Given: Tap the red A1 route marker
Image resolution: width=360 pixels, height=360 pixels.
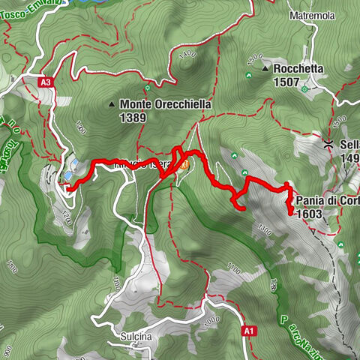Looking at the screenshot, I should pyautogui.click(x=247, y=329).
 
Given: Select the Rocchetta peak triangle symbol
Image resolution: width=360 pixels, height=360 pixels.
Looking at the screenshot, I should pyautogui.click(x=266, y=68).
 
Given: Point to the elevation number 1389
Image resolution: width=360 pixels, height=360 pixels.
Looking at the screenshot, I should pyautogui.click(x=133, y=117).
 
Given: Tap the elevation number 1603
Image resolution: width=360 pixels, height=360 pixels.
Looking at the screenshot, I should pyautogui.click(x=309, y=214).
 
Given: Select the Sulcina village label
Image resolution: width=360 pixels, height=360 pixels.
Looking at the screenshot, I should pyautogui.click(x=136, y=337).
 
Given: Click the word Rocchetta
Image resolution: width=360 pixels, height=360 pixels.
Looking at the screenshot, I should pyautogui.click(x=298, y=67).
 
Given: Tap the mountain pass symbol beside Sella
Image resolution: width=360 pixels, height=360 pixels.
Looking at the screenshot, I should pyautogui.click(x=328, y=143).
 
